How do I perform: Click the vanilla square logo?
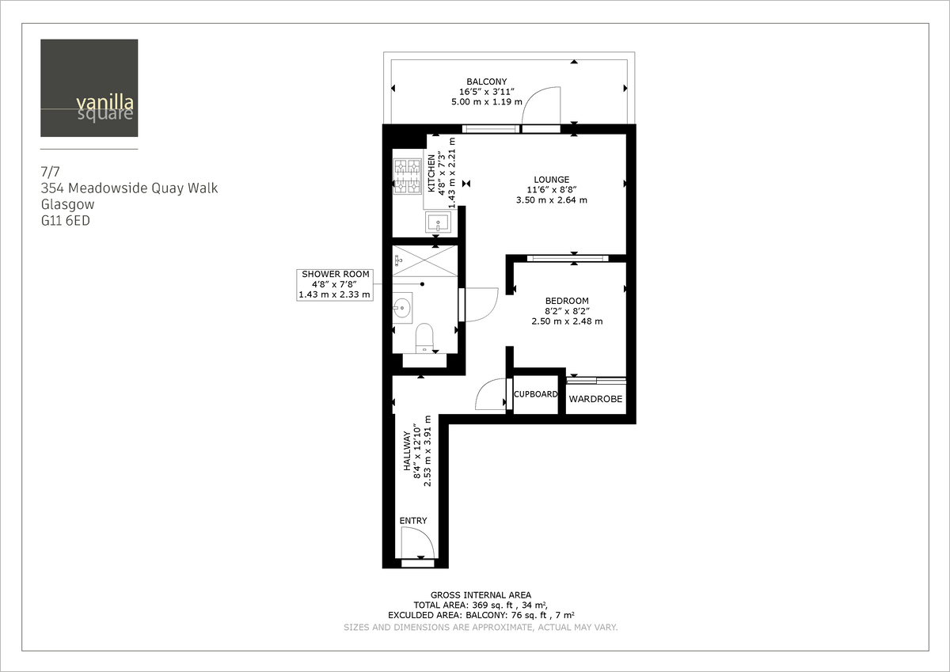tap(89, 88)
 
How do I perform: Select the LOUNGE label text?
tap(551, 180)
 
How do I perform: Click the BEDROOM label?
tap(567, 301)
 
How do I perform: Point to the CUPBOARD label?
tap(536, 394)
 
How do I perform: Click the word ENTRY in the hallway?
tap(413, 521)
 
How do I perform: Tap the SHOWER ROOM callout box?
tap(334, 284)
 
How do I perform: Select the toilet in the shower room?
tap(425, 336)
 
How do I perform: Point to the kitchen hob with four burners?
tap(408, 177)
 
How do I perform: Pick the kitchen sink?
tap(437, 223)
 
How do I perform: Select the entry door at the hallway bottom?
tap(417, 546)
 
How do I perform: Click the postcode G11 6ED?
tap(66, 222)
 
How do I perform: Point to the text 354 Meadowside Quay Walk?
tap(129, 188)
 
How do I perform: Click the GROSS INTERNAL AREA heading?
tap(481, 594)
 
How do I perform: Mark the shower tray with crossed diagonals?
tap(426, 260)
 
